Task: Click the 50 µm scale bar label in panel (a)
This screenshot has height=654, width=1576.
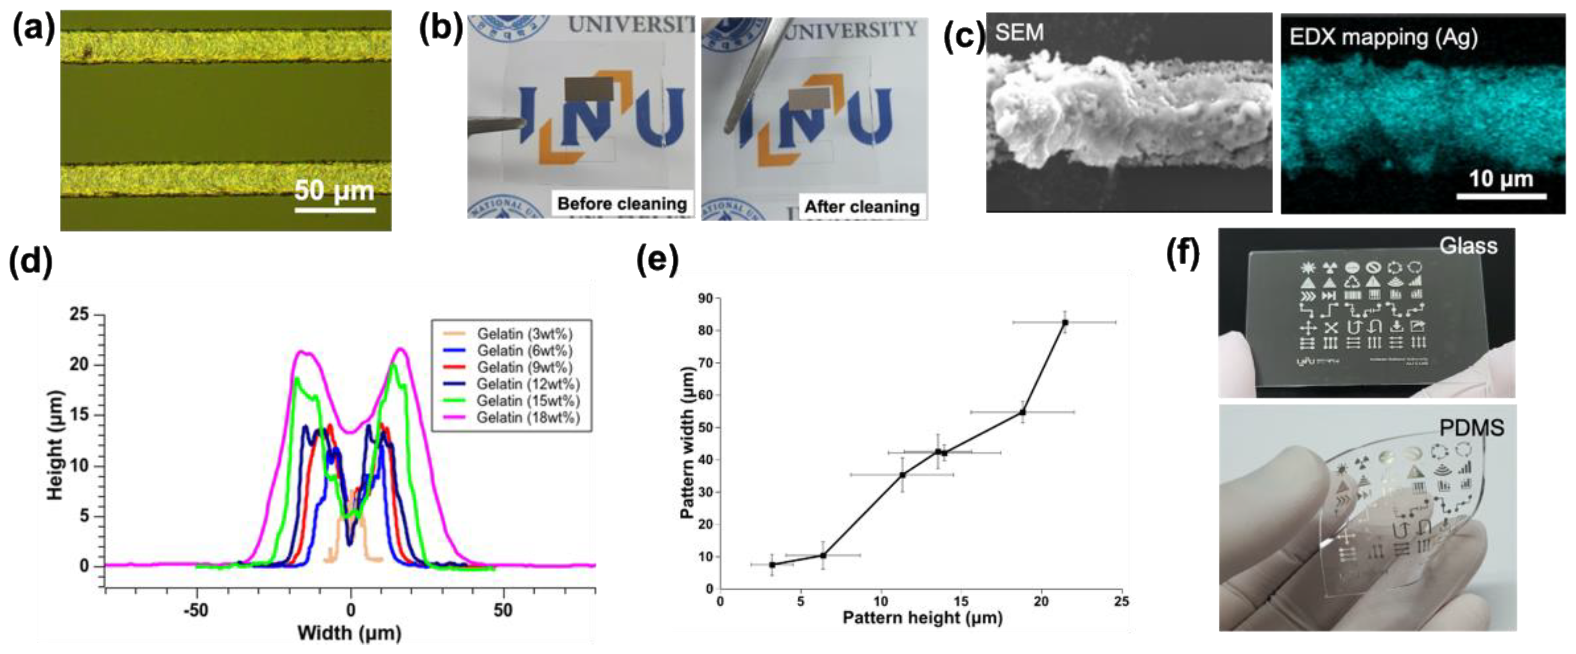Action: point(334,191)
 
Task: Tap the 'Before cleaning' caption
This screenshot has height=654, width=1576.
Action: point(622,204)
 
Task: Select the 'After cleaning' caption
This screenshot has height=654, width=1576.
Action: point(861,207)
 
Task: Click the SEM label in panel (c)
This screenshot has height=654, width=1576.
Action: point(1019,32)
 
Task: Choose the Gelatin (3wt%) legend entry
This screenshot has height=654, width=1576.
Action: point(524,334)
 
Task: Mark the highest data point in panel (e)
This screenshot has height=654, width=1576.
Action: point(1065,322)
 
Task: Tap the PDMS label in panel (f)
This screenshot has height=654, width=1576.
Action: point(1471,428)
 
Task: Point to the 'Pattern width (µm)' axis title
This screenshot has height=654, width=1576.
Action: point(688,443)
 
